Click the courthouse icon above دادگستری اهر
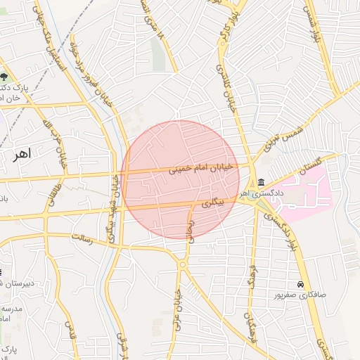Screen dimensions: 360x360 tap(261, 182)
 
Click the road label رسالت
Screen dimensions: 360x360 tap(82, 239)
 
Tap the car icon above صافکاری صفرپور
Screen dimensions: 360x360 tap(300, 284)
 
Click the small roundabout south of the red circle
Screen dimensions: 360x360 tap(183, 264)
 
